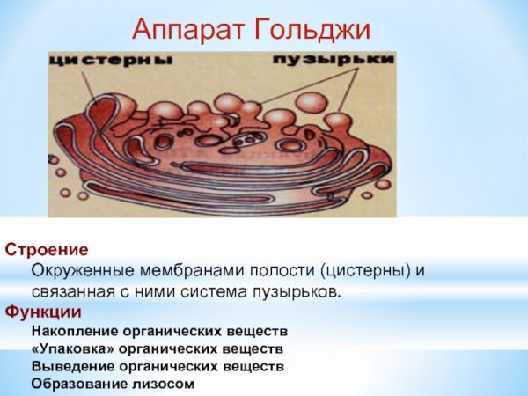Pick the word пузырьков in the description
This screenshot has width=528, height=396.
tap(297, 291)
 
